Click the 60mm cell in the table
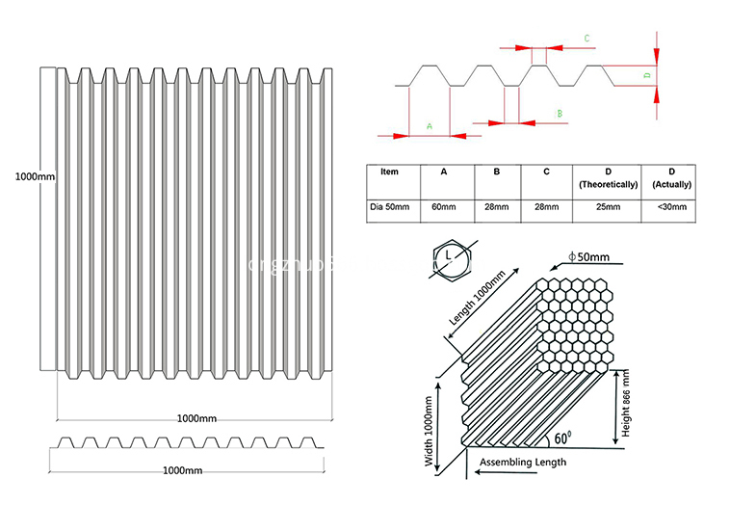(x=443, y=206)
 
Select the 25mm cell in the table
(x=607, y=206)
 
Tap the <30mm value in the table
(x=671, y=206)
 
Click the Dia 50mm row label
(x=390, y=206)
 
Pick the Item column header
(x=389, y=172)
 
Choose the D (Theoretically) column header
(x=607, y=177)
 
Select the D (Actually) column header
(x=671, y=177)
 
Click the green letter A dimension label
(x=430, y=125)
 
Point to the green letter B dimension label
(x=559, y=114)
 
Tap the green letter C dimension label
(x=587, y=39)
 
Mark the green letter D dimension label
(x=647, y=74)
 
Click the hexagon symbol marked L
(x=449, y=255)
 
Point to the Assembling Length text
(x=524, y=463)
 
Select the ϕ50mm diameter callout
(x=588, y=256)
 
